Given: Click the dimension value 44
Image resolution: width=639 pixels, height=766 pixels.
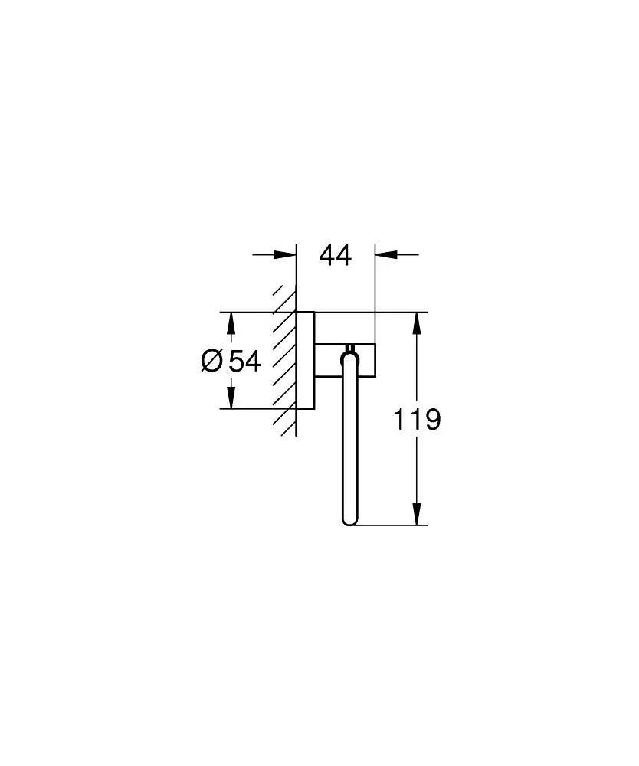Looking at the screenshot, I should (x=335, y=256).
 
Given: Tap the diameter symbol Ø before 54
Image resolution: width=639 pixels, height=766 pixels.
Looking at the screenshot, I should (x=212, y=360).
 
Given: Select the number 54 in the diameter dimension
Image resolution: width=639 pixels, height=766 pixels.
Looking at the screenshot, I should (x=245, y=360).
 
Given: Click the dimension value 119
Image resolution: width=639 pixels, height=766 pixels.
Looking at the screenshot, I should (x=417, y=419).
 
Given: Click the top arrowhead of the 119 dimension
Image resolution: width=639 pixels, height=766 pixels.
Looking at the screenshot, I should (x=417, y=323).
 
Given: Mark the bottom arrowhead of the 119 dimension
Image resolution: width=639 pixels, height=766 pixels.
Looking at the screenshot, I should (x=417, y=515).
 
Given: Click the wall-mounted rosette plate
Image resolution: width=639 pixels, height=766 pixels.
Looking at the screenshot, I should (x=305, y=360).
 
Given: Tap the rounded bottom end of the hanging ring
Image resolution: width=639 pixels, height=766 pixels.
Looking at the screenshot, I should (x=349, y=521).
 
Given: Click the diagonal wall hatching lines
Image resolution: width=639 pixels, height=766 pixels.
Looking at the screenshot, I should (x=285, y=360).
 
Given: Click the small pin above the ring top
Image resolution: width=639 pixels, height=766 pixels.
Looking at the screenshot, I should (x=350, y=346).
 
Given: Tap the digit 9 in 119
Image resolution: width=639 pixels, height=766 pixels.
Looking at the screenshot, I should (x=432, y=419).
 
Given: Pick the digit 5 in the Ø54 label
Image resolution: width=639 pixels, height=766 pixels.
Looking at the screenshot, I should (x=236, y=360).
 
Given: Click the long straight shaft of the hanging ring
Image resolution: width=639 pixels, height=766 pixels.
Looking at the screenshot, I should (x=349, y=444).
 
